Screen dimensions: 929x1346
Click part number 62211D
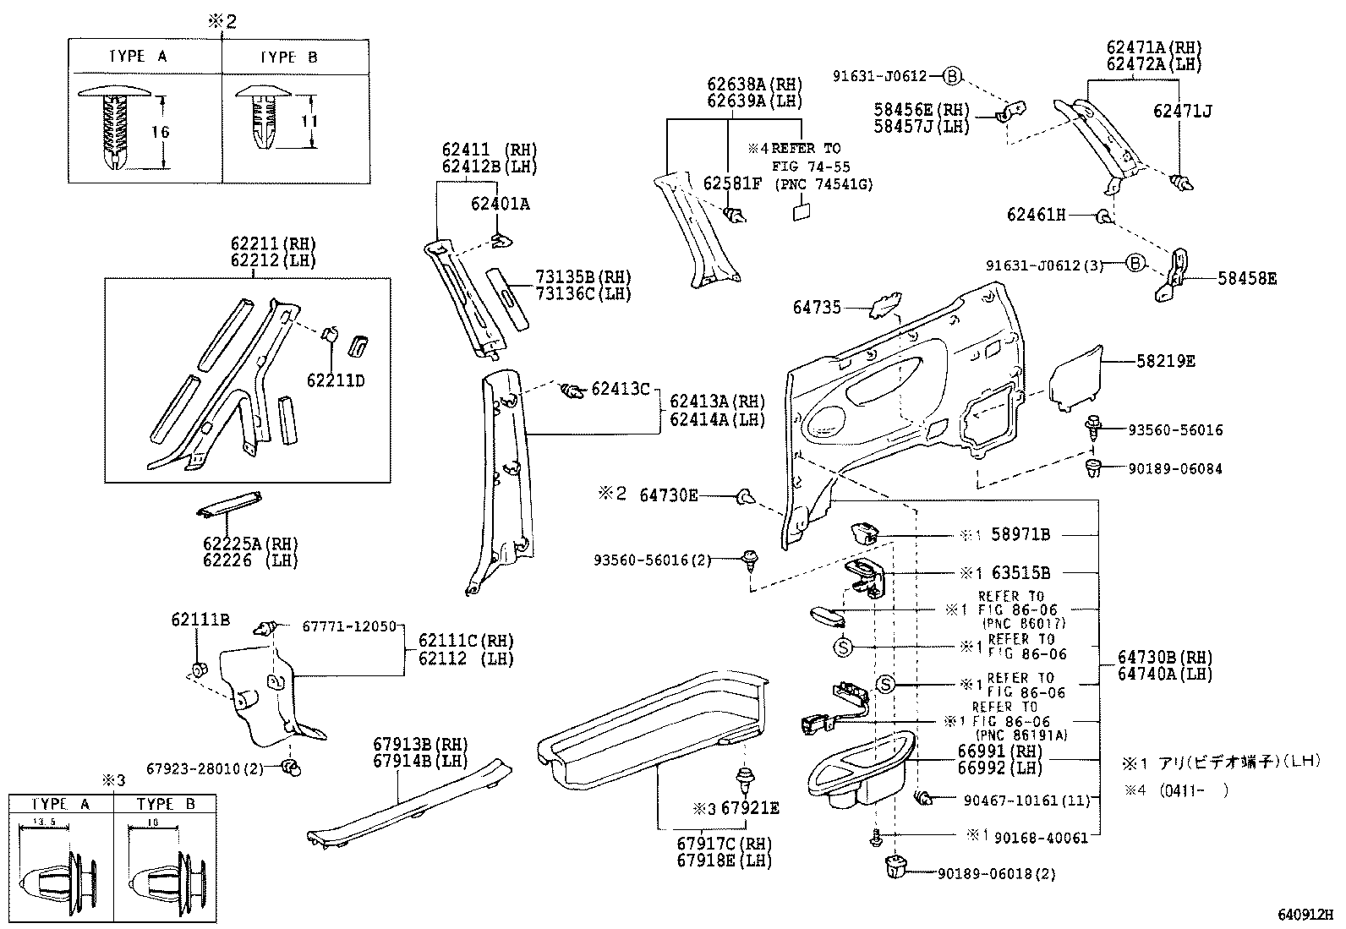click(x=335, y=380)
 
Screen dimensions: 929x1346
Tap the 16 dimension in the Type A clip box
click(x=161, y=131)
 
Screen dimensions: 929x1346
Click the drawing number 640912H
click(x=1305, y=915)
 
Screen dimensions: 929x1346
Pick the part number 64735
click(x=817, y=308)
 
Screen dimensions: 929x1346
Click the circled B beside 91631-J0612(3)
click(x=1136, y=265)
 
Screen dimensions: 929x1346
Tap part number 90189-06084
click(x=1174, y=468)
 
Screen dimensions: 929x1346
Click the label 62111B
click(x=200, y=620)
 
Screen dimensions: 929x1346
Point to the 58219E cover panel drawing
click(x=1075, y=377)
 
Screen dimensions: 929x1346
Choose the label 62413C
click(x=620, y=389)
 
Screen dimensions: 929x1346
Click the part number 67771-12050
click(x=348, y=626)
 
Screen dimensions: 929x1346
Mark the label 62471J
click(x=1183, y=111)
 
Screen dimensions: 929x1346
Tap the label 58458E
click(x=1247, y=278)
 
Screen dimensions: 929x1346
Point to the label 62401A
click(x=501, y=204)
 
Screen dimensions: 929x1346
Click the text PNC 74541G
click(x=823, y=184)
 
